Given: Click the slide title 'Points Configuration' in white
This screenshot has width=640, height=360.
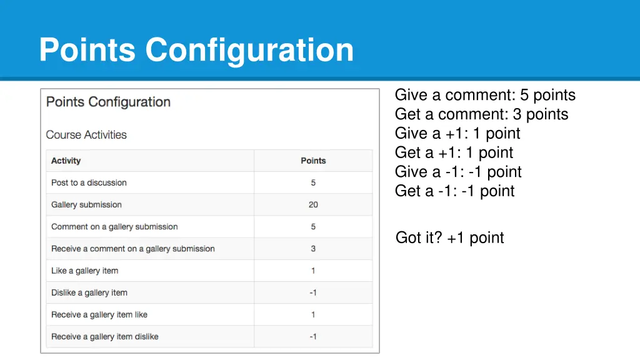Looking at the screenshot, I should (x=196, y=50).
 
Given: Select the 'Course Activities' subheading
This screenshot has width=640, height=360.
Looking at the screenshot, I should (x=86, y=135).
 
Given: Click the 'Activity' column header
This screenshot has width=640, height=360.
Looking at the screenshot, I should (x=66, y=161).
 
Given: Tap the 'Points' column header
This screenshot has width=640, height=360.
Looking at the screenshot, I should (x=313, y=161).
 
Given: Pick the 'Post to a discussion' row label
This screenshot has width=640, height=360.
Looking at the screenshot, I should (x=89, y=182).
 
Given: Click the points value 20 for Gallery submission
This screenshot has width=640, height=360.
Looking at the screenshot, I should (x=313, y=204).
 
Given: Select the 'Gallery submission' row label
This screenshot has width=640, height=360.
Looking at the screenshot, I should (x=86, y=204).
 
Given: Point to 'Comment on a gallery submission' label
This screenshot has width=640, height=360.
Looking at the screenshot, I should (x=114, y=227).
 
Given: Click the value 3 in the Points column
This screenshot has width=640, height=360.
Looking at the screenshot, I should (x=313, y=249).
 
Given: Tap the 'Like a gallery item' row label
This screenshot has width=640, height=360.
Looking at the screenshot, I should (x=84, y=271).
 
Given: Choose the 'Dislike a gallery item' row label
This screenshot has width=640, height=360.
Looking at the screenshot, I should (x=89, y=292).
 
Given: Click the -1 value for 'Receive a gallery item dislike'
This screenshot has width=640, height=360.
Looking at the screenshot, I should (x=313, y=336).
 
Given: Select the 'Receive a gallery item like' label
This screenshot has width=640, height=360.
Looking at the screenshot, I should (x=99, y=314).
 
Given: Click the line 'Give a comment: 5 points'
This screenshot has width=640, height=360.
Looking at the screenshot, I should (x=485, y=95).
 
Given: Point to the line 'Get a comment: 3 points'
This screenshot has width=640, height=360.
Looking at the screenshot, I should (x=481, y=114).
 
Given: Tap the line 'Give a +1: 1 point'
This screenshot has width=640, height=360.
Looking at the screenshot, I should (x=457, y=134).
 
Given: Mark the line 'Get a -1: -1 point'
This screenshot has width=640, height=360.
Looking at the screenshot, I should (x=455, y=191).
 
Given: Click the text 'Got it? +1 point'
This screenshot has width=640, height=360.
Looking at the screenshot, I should (x=450, y=237).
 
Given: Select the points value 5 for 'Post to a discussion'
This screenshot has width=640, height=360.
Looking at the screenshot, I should (x=313, y=182).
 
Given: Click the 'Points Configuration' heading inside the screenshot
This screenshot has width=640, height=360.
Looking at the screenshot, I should (x=108, y=102).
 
